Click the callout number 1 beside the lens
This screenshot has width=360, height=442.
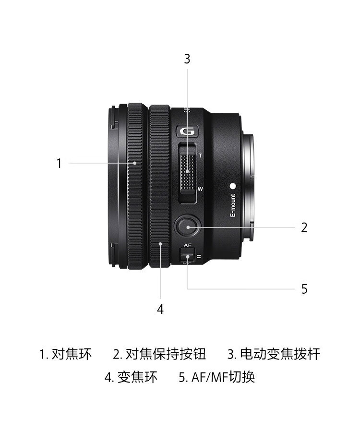click(59, 163)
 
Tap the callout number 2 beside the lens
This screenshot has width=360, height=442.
click(304, 227)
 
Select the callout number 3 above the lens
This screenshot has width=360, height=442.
click(187, 59)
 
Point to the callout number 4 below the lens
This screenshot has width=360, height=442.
click(160, 309)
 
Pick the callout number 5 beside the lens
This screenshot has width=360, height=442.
click(304, 289)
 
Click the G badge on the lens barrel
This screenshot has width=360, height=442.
click(188, 131)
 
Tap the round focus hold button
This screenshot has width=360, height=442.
click(187, 227)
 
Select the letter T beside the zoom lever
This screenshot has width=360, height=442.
click(201, 155)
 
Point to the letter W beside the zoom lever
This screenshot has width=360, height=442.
click(200, 189)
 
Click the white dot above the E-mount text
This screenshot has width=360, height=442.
click(233, 186)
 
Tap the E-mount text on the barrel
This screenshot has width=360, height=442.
click(233, 205)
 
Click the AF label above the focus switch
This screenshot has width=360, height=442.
click(188, 245)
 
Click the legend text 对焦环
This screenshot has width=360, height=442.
click(72, 354)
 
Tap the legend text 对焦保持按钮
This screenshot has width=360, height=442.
click(166, 354)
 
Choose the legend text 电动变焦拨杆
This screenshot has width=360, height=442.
click(280, 354)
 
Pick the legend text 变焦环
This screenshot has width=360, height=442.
click(137, 377)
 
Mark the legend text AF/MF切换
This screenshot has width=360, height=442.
click(223, 377)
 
